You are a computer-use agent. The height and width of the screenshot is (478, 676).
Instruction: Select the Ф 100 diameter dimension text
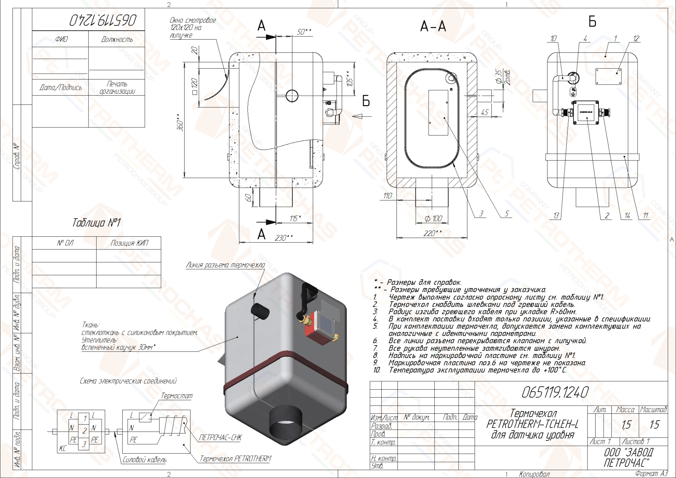[x=433, y=219]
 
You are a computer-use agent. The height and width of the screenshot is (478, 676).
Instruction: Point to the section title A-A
[x=433, y=26]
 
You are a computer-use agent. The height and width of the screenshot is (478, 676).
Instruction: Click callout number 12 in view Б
[x=636, y=39]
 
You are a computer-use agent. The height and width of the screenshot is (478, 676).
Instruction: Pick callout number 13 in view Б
[x=556, y=215]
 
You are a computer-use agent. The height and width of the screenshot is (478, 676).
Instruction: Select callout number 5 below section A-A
[x=507, y=213]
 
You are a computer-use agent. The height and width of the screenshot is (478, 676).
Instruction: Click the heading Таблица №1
[x=96, y=222]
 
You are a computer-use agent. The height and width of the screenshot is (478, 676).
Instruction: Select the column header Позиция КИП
[x=129, y=243]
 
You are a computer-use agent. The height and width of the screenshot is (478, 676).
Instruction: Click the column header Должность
[x=117, y=39]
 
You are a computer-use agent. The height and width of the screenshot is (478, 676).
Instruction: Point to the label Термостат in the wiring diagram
[x=176, y=396]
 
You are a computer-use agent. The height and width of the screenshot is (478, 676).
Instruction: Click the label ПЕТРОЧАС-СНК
[x=220, y=437]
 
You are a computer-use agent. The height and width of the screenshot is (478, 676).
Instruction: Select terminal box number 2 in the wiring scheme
[x=84, y=431]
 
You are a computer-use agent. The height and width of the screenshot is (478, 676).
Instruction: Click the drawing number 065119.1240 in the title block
[x=555, y=392]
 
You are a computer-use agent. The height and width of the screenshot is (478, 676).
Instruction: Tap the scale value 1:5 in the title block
[x=654, y=425]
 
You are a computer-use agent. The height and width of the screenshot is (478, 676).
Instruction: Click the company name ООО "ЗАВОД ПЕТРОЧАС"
[x=628, y=457]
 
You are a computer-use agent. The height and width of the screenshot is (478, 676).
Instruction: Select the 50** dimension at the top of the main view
[x=304, y=32]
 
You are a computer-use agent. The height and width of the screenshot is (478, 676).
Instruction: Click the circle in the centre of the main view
[x=292, y=96]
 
